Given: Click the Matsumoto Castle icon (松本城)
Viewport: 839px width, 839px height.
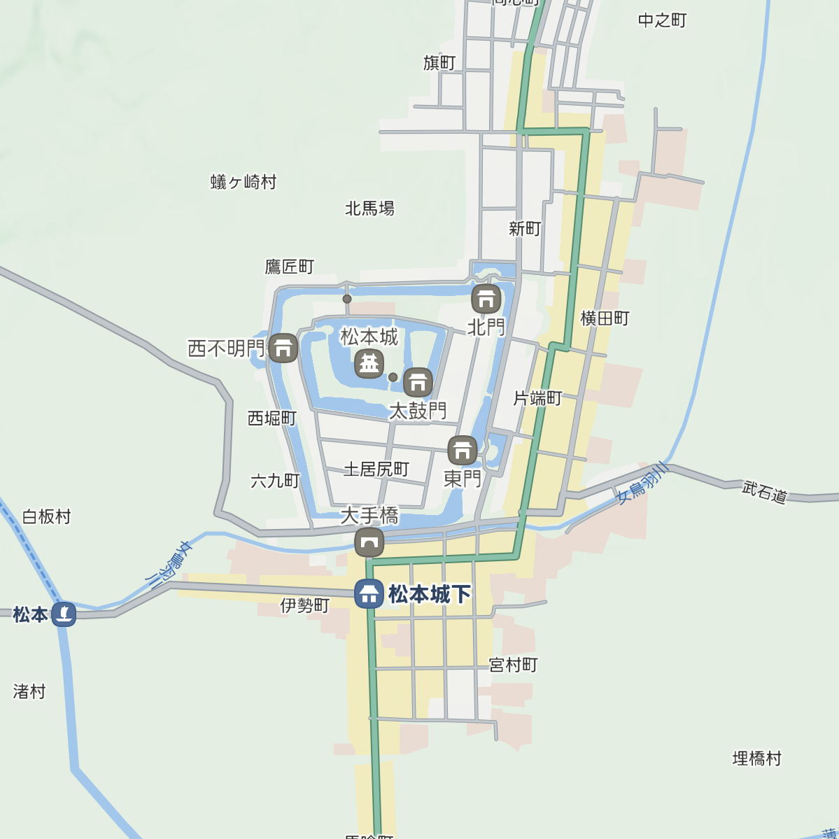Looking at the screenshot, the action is (x=369, y=364).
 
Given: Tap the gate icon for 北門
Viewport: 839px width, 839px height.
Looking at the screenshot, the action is (x=486, y=299).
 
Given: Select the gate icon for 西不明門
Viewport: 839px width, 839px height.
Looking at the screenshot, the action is (x=283, y=348).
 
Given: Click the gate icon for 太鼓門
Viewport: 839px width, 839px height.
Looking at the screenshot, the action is (x=418, y=382).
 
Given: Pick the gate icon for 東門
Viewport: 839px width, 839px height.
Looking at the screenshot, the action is (x=463, y=451).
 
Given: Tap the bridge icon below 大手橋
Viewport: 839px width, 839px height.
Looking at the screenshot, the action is (x=369, y=542).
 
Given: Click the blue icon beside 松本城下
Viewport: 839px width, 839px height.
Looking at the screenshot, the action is (x=369, y=594).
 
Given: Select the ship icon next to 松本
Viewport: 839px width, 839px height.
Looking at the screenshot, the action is (x=64, y=614).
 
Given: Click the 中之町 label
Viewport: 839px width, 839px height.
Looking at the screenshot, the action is (x=662, y=20).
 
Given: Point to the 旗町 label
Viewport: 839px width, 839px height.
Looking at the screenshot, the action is (x=439, y=63).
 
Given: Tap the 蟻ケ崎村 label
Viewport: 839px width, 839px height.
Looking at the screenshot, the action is (x=244, y=182).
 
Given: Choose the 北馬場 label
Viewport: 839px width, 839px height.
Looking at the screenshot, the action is (x=369, y=209).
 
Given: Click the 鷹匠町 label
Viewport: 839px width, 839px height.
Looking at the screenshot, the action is (x=290, y=267).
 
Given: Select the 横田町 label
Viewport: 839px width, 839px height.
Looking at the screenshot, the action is (x=605, y=318).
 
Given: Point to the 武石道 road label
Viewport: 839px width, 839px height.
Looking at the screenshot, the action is (x=765, y=492).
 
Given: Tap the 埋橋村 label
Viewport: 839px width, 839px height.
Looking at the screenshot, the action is (x=756, y=759).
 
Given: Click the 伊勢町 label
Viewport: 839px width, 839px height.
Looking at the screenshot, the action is (x=305, y=605).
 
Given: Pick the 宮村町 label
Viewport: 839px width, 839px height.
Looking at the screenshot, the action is (x=514, y=665).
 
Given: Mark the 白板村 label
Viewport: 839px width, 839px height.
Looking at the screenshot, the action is (x=47, y=517).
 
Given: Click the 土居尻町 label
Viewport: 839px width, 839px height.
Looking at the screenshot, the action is (x=376, y=469).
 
